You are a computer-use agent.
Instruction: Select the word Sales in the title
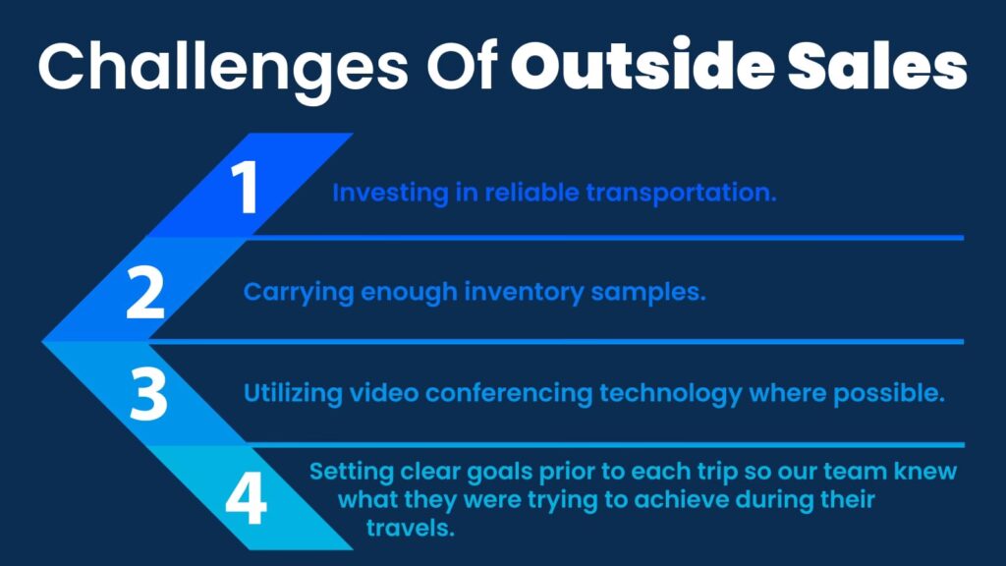tap(877, 67)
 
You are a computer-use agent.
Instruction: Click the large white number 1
tap(246, 187)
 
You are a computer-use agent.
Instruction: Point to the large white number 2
tap(145, 292)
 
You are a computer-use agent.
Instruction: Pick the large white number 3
tap(148, 394)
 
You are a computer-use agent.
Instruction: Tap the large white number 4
tap(246, 498)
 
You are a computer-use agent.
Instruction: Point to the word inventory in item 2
tap(525, 293)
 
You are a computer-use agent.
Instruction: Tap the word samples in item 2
tap(648, 293)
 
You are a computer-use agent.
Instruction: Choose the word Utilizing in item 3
tap(293, 393)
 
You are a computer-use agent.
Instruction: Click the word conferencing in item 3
tap(509, 393)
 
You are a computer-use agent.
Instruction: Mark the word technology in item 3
tap(671, 393)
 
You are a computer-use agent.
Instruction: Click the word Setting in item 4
tap(352, 472)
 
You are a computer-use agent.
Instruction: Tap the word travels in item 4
tap(411, 528)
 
